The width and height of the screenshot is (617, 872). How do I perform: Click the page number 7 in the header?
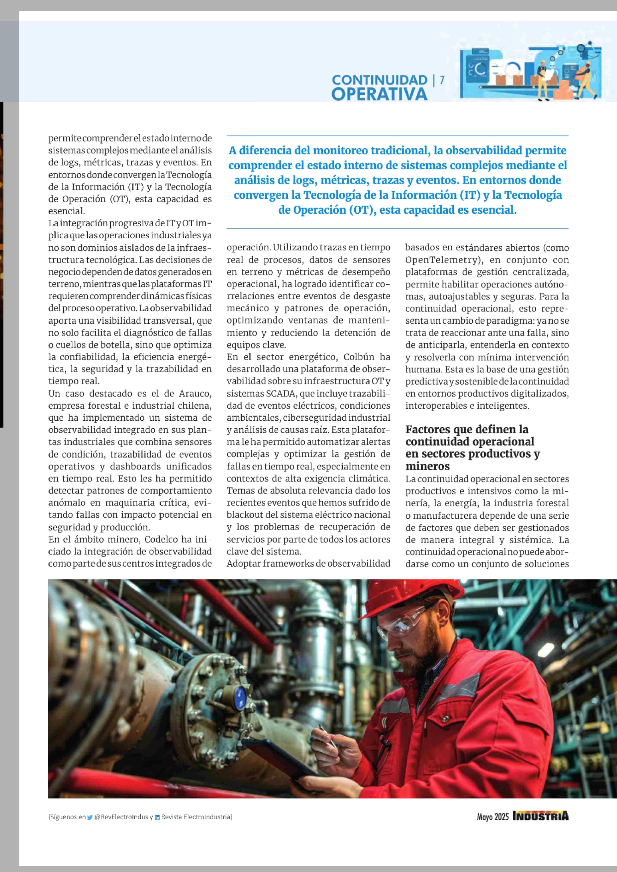point(442,80)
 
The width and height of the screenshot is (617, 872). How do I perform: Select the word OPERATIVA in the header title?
point(379,94)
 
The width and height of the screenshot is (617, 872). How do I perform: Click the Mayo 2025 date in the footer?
point(492,817)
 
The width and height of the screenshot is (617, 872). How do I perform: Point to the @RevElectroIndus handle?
point(121,817)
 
